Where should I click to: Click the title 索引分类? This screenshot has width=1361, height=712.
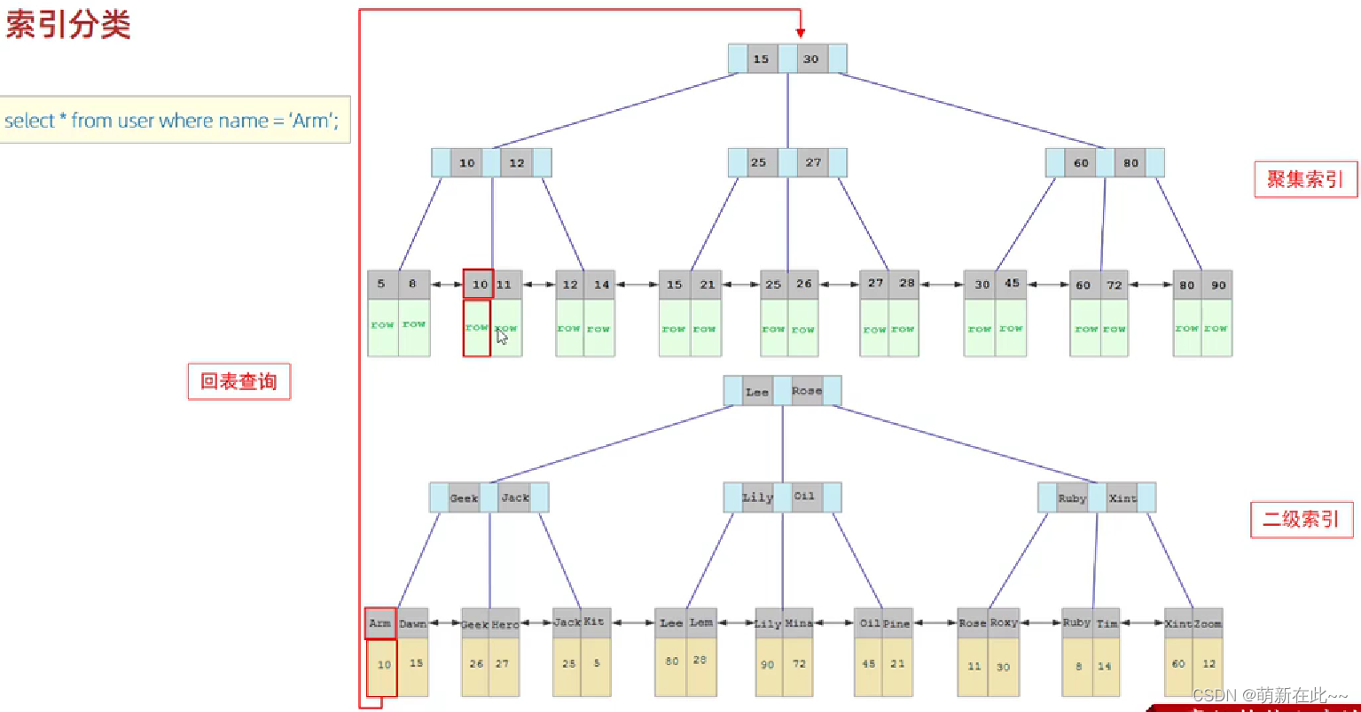click(68, 25)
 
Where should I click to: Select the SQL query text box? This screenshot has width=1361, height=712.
click(174, 120)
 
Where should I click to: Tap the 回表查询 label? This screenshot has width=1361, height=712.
click(239, 382)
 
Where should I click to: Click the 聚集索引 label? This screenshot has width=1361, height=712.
click(1305, 179)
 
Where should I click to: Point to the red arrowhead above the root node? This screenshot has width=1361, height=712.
click(801, 33)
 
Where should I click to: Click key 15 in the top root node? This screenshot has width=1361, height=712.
click(761, 59)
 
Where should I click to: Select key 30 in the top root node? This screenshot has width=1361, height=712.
click(810, 59)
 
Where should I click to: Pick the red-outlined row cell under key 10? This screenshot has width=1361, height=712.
click(477, 328)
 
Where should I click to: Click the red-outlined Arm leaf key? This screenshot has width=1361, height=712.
click(380, 623)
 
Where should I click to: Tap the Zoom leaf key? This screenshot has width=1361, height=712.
click(1208, 623)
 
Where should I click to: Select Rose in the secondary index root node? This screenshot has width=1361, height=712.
click(807, 391)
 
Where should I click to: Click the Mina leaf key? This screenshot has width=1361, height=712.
click(798, 623)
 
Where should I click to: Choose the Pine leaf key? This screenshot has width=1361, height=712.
click(896, 623)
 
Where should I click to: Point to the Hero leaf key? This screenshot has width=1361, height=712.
click(505, 624)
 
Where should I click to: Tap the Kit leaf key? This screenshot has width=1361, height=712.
click(594, 622)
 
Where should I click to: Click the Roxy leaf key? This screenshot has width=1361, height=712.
click(1004, 623)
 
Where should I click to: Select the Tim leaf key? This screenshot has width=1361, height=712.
click(1107, 623)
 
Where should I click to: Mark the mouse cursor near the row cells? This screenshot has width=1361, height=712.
click(502, 336)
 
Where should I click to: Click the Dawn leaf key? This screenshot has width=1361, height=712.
click(412, 623)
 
